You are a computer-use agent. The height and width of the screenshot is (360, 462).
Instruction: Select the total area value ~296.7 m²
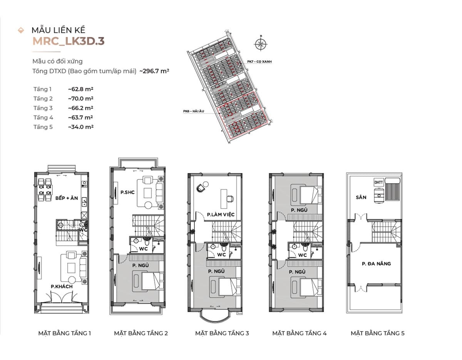(155, 71)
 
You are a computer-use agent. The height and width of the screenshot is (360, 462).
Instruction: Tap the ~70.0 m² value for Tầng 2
(80, 99)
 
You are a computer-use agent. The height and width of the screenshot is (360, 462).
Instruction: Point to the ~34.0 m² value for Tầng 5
(80, 127)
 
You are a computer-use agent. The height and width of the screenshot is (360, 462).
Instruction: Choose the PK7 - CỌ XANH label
(259, 61)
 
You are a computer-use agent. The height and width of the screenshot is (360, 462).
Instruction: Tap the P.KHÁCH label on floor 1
(62, 286)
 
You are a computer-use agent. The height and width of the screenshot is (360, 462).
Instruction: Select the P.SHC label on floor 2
(127, 193)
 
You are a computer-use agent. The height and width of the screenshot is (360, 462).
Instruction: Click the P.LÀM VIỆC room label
(221, 214)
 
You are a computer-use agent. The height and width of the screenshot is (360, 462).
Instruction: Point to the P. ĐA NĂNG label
(376, 264)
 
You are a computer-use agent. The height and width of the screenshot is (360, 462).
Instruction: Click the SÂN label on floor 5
(361, 197)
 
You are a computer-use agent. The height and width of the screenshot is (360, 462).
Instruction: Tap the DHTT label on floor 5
(378, 183)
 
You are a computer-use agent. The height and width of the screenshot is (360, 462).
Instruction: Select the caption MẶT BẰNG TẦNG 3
(222, 333)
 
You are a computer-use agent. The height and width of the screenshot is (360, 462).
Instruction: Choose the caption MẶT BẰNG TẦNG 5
(377, 333)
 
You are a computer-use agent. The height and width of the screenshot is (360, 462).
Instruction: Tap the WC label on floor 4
(303, 255)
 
